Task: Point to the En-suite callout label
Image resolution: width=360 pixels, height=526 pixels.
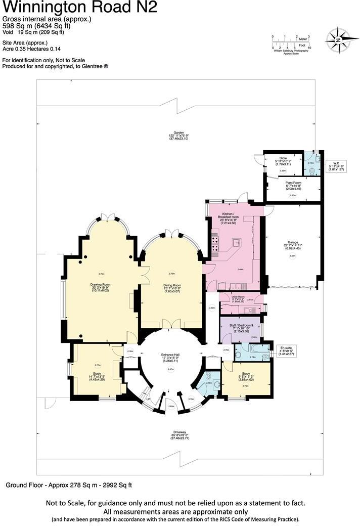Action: pyautogui.click(x=286, y=348)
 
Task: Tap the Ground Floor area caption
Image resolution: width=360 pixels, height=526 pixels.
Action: pyautogui.click(x=69, y=485)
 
